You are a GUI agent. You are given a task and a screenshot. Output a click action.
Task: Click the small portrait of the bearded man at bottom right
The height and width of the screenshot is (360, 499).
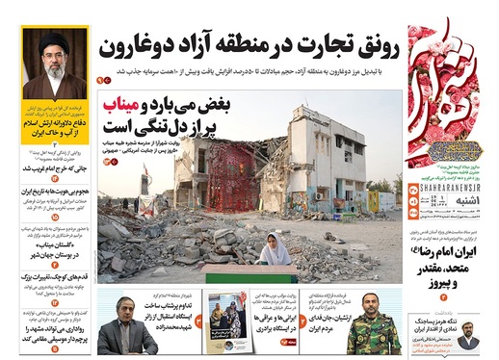pos(466,341)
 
